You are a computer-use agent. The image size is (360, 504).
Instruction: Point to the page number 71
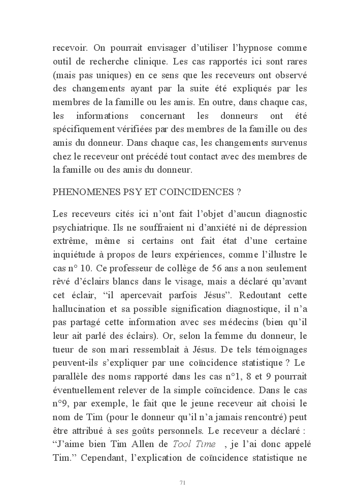pos(182,482)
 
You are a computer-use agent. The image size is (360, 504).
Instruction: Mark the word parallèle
pos(70,377)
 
